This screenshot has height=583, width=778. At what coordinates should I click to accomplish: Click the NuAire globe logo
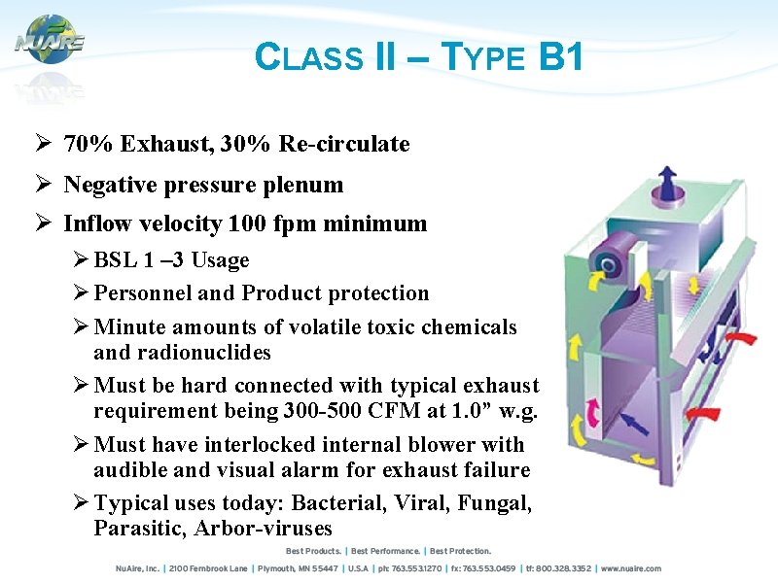(x=50, y=40)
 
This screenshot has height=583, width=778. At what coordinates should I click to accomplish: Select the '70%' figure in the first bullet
(x=86, y=145)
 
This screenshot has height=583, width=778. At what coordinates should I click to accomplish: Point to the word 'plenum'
(x=308, y=185)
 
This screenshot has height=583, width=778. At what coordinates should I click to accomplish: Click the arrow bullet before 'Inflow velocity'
(x=42, y=224)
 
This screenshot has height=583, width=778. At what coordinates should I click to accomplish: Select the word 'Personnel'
(x=138, y=293)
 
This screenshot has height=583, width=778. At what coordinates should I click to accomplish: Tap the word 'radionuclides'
(x=182, y=352)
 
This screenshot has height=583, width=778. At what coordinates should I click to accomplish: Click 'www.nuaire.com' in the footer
(x=630, y=568)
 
